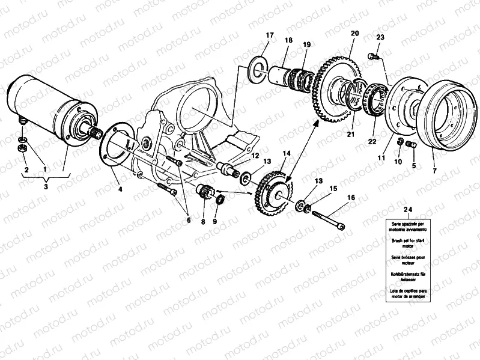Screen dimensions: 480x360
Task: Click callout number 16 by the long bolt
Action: [x=351, y=197]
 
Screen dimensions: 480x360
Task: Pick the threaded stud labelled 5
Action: [x=411, y=145]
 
